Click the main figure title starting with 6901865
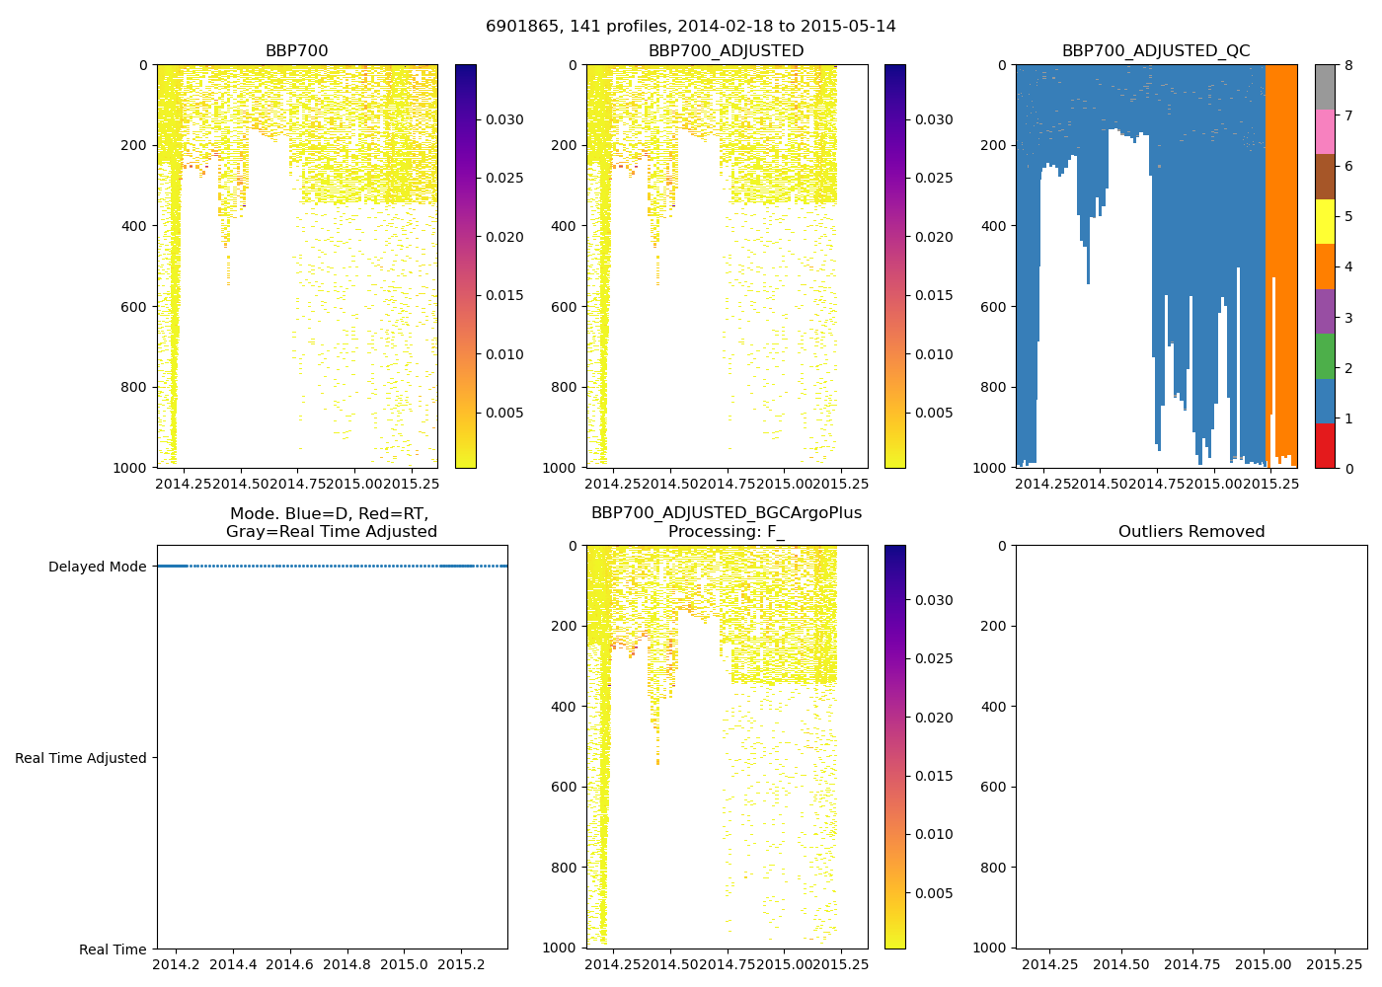coord(690,27)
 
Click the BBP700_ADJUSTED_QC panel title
coord(1155,51)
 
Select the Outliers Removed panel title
coord(1190,532)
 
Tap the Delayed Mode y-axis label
coord(97,567)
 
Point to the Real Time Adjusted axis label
coord(81,758)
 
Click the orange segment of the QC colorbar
coord(1325,266)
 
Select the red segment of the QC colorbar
coord(1325,446)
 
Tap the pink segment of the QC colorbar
coord(1325,131)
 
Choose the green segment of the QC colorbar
coord(1325,356)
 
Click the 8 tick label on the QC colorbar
coord(1347,66)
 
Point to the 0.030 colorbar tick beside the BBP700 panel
coord(503,119)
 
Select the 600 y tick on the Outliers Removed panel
coord(994,787)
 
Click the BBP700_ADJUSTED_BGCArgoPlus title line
coord(726,513)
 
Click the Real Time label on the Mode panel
coord(113,949)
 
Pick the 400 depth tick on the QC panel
coord(994,226)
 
